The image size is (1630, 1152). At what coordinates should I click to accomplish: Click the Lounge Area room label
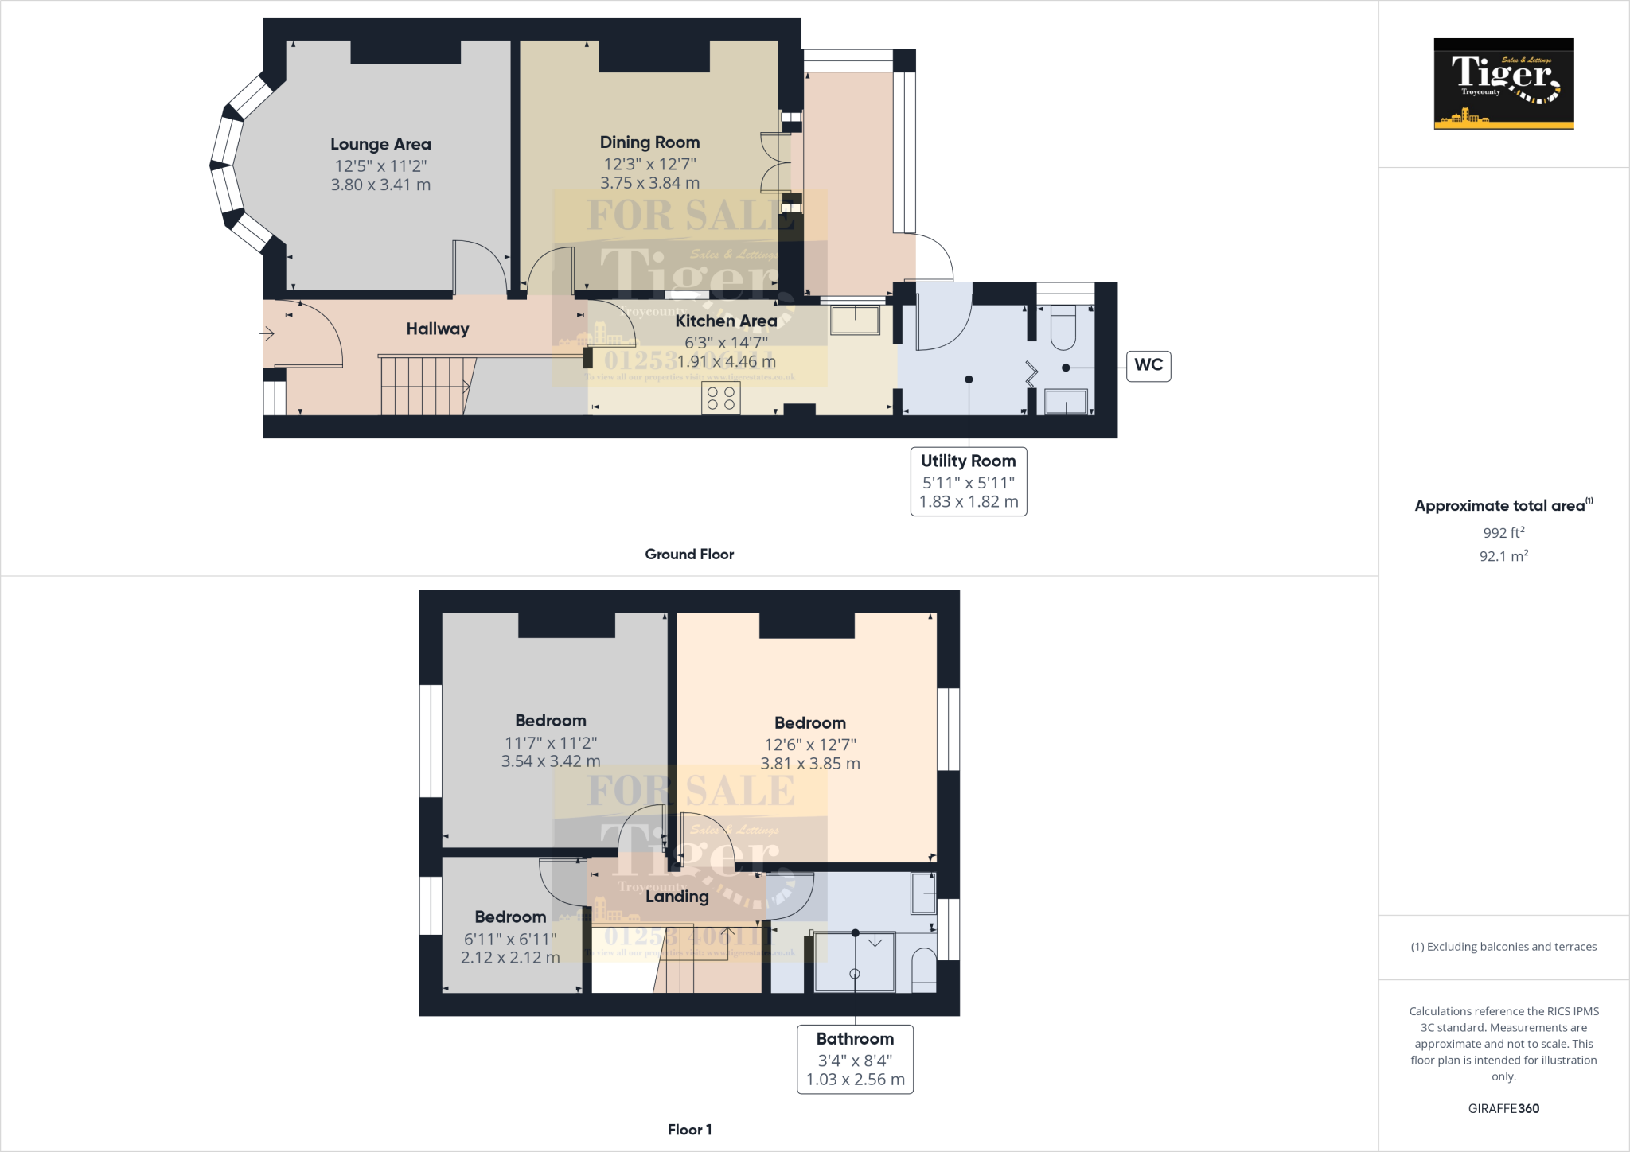click(x=380, y=144)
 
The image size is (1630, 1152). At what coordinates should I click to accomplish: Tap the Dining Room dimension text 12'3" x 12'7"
click(x=649, y=164)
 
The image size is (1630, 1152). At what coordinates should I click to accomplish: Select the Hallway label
click(x=437, y=329)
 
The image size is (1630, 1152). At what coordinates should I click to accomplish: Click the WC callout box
click(x=1148, y=365)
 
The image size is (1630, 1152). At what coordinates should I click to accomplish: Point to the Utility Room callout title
click(x=968, y=461)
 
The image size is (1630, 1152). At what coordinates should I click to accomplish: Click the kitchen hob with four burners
click(x=721, y=399)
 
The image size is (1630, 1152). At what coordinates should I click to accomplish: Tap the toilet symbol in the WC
click(x=1063, y=329)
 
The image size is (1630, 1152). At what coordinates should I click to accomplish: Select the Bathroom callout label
click(x=855, y=1038)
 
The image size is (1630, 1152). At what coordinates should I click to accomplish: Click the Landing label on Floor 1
click(x=677, y=897)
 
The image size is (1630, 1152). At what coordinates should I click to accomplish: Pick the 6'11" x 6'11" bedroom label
click(x=510, y=917)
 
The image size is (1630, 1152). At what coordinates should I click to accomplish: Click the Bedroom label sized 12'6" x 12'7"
click(x=809, y=723)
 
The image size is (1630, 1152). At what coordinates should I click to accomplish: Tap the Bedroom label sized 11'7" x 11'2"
click(x=550, y=721)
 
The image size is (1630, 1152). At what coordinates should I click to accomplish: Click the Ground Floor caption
click(x=689, y=555)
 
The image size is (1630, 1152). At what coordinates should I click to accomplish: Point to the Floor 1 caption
click(x=689, y=1130)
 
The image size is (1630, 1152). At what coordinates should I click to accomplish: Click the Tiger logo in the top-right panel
click(x=1503, y=84)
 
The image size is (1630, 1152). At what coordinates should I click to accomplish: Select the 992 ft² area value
click(x=1503, y=533)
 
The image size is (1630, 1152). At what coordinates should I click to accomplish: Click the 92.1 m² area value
click(x=1503, y=556)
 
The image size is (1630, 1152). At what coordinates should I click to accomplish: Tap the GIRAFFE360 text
click(x=1503, y=1108)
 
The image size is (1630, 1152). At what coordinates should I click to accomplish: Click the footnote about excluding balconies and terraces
click(x=1503, y=947)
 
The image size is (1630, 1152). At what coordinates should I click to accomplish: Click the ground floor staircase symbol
click(x=423, y=386)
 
